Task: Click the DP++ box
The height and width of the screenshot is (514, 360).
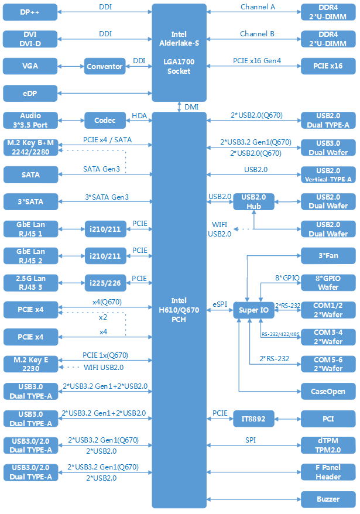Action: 30,12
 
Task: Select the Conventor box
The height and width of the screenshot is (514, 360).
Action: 105,66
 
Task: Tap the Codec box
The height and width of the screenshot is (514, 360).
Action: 105,121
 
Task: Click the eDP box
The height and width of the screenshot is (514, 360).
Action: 30,93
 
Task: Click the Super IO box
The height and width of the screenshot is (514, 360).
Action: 254,310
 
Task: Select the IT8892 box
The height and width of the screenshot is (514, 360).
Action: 254,419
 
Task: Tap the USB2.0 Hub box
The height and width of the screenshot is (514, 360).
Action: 253,201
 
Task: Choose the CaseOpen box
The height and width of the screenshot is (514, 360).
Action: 328,392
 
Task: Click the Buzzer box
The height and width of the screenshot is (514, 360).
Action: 328,499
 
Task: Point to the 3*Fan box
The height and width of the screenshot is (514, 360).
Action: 328,256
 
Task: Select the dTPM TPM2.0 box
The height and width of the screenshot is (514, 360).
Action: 328,445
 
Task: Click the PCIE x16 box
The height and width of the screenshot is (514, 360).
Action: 328,66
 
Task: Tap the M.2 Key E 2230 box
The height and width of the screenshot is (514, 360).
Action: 30,364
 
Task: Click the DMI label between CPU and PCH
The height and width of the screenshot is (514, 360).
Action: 191,107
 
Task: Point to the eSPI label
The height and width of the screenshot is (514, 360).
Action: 220,304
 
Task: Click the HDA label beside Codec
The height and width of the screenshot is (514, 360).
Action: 139,115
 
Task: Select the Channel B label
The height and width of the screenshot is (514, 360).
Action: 257,34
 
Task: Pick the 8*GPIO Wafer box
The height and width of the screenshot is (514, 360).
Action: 328,283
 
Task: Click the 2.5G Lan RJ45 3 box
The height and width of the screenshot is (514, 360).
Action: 30,283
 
